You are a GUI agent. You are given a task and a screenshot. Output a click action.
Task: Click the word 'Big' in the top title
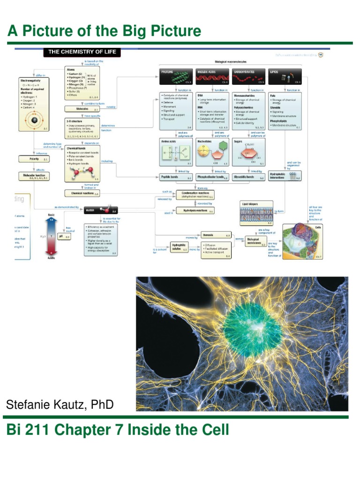coord(125,32)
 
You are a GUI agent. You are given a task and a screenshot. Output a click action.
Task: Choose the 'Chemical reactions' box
coord(82,193)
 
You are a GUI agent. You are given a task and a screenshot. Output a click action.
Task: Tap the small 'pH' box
coord(63,237)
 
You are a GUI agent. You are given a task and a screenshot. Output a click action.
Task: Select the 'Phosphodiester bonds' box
coord(213,178)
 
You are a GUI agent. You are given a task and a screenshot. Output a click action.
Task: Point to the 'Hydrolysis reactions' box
coord(195,211)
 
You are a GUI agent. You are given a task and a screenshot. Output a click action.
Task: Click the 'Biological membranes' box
coord(256,242)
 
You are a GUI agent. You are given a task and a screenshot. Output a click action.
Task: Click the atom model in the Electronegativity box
coord(33,121)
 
